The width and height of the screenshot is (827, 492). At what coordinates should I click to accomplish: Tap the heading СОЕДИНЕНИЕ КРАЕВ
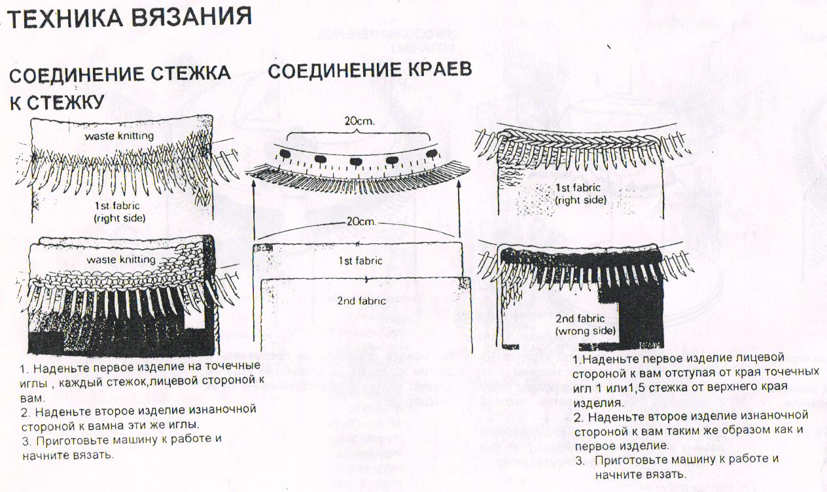tap(370, 71)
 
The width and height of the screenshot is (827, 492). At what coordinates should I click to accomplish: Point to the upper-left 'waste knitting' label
tap(118, 136)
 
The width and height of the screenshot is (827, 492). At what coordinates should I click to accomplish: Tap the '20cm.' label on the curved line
tap(359, 222)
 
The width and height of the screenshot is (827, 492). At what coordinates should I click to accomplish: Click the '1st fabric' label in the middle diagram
tap(361, 260)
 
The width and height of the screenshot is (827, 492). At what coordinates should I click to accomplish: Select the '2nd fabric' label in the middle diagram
tap(362, 300)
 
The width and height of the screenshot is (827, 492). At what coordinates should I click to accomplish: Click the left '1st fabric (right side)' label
tap(119, 211)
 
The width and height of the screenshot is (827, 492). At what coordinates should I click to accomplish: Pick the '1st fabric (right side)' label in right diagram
tap(580, 194)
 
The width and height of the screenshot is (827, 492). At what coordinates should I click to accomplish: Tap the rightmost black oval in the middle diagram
tap(431, 153)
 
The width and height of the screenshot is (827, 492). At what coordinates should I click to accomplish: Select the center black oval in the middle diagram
tap(357, 161)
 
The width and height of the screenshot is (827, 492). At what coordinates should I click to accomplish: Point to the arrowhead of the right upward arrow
tap(461, 185)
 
